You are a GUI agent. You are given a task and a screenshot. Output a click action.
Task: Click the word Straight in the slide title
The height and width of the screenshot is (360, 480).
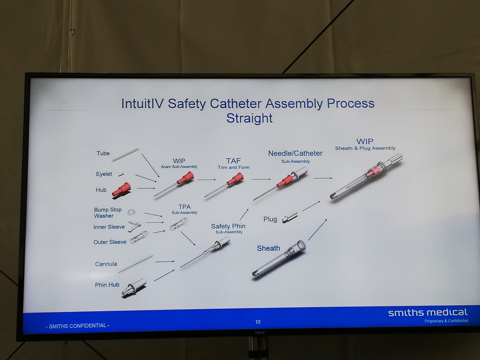(x=249, y=118)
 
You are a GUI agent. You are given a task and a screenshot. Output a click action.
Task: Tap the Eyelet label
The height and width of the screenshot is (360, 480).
(x=104, y=174)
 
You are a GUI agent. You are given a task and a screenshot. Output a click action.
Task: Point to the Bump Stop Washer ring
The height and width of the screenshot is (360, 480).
(x=131, y=212)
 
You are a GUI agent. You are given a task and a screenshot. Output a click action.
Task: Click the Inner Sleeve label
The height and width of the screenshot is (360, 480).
(x=109, y=227)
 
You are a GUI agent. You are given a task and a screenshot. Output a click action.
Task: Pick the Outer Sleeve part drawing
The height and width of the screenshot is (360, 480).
(x=139, y=237)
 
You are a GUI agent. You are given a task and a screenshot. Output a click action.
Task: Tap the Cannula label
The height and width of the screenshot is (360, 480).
(x=106, y=264)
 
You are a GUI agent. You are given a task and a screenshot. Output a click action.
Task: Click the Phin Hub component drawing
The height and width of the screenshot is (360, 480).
(x=134, y=288)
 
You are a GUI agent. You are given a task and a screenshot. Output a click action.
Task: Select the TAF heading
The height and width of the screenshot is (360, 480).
(x=233, y=161)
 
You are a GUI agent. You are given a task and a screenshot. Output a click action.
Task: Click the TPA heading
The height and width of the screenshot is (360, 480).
(x=184, y=207)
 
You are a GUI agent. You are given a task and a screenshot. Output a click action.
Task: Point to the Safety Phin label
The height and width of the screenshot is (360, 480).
(x=228, y=226)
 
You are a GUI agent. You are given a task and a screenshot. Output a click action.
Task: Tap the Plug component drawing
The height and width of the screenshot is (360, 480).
(x=289, y=217)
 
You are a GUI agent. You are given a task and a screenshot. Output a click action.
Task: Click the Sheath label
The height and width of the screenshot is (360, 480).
(x=268, y=248)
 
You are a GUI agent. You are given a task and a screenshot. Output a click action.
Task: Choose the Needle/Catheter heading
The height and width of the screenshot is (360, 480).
(x=295, y=153)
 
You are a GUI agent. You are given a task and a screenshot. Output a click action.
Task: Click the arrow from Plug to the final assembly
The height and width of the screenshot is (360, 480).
(x=311, y=206)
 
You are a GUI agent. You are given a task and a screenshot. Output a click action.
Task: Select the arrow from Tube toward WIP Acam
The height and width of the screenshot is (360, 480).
(x=150, y=165)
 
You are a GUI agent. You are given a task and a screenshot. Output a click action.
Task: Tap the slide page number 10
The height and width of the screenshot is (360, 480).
(x=258, y=322)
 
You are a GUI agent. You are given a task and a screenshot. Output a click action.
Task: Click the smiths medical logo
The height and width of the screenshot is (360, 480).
(x=428, y=313)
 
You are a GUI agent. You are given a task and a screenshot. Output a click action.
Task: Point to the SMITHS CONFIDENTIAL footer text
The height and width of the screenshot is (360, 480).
(x=78, y=326)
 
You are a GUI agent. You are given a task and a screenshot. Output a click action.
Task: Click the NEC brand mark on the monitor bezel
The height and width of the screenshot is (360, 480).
(x=260, y=332)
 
